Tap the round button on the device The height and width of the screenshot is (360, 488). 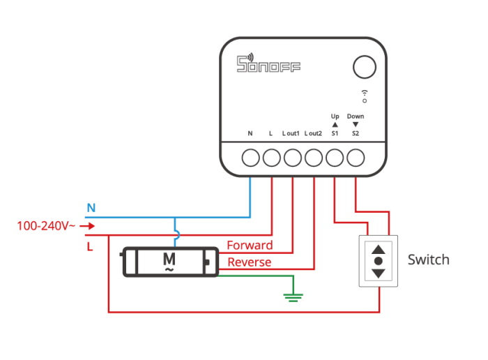(364, 67)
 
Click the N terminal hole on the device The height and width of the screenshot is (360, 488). (250, 158)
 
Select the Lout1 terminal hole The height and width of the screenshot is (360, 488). (292, 158)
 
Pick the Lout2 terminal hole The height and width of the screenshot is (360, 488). (314, 158)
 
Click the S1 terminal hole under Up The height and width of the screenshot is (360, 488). (335, 158)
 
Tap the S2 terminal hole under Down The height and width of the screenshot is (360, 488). (356, 158)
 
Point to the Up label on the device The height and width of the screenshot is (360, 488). (335, 116)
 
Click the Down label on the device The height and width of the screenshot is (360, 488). (356, 116)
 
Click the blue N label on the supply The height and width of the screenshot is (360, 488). (91, 207)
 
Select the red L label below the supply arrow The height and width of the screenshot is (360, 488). (90, 246)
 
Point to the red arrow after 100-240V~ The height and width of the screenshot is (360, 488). (88, 226)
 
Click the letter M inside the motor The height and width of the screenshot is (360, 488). (169, 260)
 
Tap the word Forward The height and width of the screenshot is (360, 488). (250, 246)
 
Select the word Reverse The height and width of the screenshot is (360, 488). (249, 262)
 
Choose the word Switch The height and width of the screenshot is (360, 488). (428, 260)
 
